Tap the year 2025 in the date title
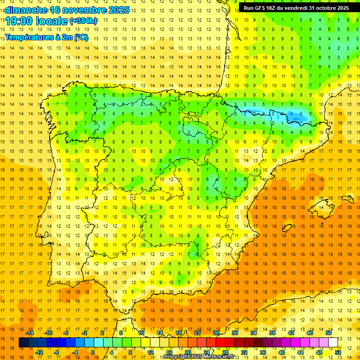(x=118, y=10)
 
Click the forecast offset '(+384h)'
(x=83, y=21)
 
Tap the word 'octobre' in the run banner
(x=326, y=8)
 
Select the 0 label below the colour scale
(x=93, y=352)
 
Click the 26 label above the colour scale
(x=216, y=333)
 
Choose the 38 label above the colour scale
(x=272, y=333)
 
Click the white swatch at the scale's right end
(x=333, y=343)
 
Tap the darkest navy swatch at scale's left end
(x=23, y=343)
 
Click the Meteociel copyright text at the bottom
(x=199, y=357)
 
